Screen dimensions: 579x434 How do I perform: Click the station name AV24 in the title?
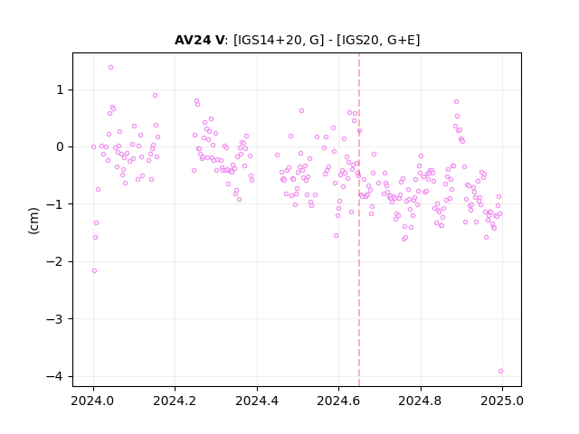[x=195, y=40]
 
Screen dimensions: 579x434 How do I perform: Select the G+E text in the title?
[x=401, y=40]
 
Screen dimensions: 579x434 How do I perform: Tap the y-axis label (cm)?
[x=33, y=221]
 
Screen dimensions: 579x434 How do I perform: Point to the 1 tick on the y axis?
[x=60, y=90]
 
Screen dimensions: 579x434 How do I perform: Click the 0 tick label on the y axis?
[x=60, y=146]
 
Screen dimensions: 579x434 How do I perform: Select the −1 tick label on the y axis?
[x=55, y=204]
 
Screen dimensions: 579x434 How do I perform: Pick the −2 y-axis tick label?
[x=55, y=261]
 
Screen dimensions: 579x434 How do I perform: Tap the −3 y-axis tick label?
[x=55, y=319]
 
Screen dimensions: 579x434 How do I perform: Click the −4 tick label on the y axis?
[x=55, y=376]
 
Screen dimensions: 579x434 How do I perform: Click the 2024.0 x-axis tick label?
[x=92, y=401]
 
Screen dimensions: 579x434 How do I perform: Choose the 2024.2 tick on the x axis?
[x=175, y=401]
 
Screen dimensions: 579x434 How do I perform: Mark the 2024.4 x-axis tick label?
[x=257, y=401]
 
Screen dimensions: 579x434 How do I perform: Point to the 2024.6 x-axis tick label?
[x=338, y=401]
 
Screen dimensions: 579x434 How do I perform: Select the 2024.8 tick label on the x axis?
[x=420, y=401]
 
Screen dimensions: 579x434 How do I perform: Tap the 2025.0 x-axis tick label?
[x=502, y=401]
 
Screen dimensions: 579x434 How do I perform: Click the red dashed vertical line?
[x=359, y=220]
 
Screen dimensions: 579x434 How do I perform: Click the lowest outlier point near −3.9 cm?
[x=500, y=372]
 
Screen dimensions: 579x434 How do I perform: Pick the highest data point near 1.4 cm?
[x=110, y=68]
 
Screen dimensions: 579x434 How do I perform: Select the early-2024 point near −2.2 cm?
[x=94, y=271]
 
